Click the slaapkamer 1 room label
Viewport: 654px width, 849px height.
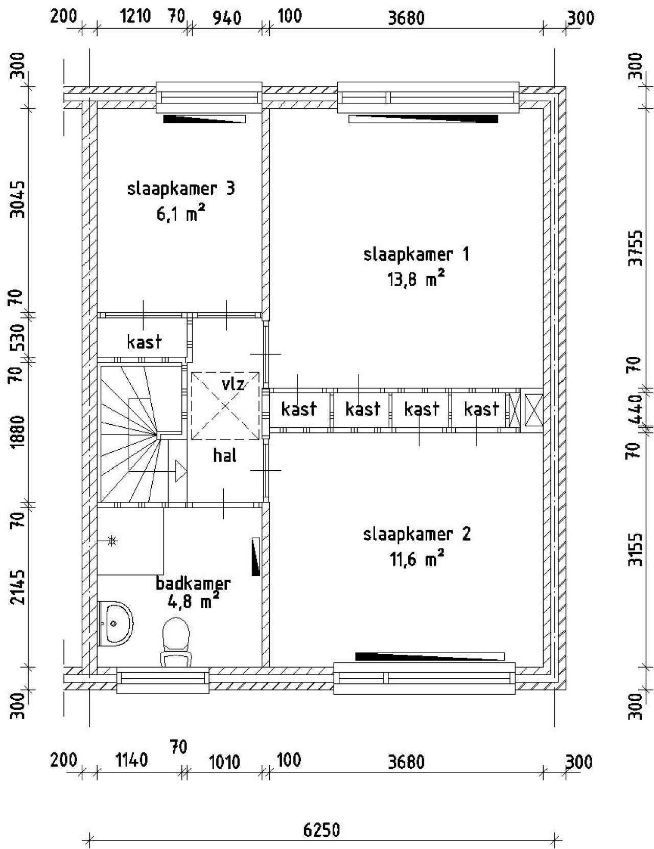click(416, 255)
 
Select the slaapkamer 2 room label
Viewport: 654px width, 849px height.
click(417, 535)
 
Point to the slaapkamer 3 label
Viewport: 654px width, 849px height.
click(181, 189)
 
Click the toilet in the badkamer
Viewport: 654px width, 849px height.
click(176, 642)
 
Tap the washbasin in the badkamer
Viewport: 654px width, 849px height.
click(116, 624)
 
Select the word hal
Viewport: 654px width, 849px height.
click(225, 455)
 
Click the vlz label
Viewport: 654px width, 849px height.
click(233, 384)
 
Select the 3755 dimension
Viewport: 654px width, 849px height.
click(636, 248)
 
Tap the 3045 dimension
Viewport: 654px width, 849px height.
click(17, 199)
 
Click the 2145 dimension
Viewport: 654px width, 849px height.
click(17, 587)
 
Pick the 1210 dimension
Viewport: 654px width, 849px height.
click(135, 17)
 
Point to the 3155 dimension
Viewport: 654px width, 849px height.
click(636, 548)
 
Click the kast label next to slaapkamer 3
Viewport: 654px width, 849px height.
click(144, 342)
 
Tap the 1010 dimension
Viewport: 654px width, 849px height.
click(224, 762)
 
